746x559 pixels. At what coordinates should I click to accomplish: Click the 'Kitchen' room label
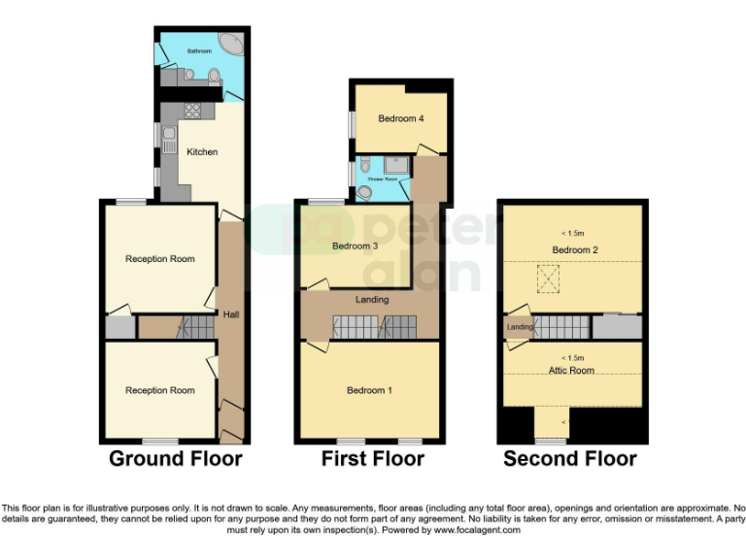coord(202,152)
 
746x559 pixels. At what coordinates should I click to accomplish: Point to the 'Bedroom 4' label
coord(401,119)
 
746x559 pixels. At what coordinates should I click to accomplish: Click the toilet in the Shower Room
coord(364,192)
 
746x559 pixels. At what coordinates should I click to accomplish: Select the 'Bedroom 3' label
coord(355,247)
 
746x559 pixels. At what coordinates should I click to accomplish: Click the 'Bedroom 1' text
coord(369,391)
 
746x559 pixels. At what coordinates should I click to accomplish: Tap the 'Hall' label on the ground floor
coord(230,314)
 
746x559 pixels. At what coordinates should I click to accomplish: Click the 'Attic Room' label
coord(571,371)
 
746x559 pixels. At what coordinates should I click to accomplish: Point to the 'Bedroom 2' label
coord(575,250)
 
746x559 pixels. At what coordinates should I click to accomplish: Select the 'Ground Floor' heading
coord(175,458)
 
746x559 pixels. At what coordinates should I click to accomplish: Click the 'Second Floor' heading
coord(570,458)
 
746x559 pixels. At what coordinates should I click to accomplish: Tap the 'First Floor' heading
coord(373,458)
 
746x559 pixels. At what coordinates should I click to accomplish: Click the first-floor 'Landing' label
coord(373,300)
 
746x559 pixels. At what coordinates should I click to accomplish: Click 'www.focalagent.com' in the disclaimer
coord(476,530)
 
